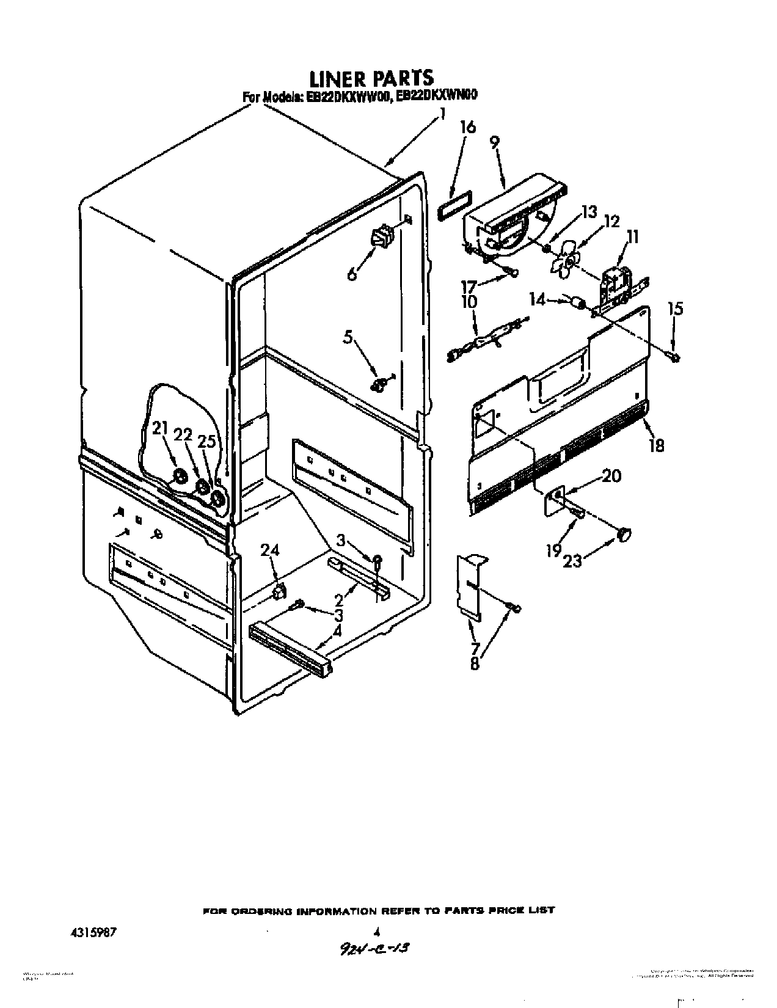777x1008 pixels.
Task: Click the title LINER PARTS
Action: tap(371, 78)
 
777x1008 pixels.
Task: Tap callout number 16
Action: tap(468, 128)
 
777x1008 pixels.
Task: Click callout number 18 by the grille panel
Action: tap(657, 445)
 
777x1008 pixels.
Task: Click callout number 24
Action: tap(270, 550)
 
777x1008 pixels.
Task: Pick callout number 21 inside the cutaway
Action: tap(160, 429)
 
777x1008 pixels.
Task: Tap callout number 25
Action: tap(208, 441)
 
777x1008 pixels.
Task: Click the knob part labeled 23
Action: tap(623, 535)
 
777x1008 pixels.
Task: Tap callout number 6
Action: tap(352, 274)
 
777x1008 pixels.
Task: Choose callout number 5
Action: tap(348, 337)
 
